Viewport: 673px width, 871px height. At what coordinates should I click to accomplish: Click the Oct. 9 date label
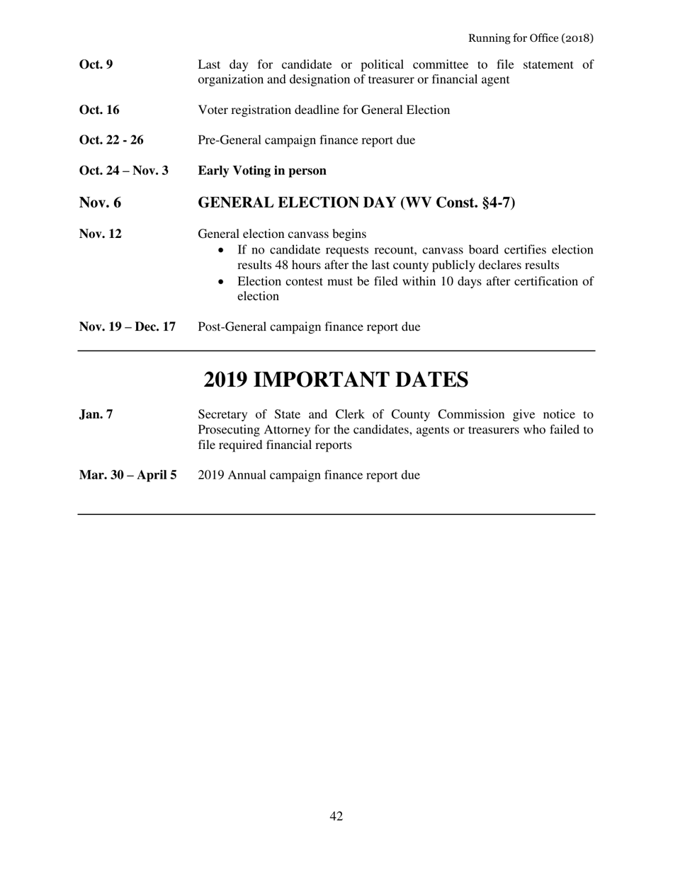96,65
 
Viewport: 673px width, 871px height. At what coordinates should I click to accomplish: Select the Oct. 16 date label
99,110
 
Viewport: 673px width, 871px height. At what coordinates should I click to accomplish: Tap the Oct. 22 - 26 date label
111,140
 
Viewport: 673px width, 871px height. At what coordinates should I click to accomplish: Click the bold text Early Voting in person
262,171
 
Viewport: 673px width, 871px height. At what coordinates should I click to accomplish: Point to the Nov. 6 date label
100,203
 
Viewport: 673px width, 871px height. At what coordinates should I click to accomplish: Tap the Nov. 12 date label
100,234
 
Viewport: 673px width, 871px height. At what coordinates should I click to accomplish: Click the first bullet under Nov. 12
224,250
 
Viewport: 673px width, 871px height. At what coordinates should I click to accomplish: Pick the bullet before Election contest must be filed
224,282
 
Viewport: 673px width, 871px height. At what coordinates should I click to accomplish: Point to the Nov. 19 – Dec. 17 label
128,327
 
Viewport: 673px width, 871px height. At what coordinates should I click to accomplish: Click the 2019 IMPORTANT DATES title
336,380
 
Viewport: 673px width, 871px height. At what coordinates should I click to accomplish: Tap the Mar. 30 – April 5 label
128,475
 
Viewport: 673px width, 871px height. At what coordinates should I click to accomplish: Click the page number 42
336,816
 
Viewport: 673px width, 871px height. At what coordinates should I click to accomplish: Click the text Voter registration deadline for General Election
324,110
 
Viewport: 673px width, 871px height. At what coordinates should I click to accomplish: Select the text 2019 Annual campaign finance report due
309,475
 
